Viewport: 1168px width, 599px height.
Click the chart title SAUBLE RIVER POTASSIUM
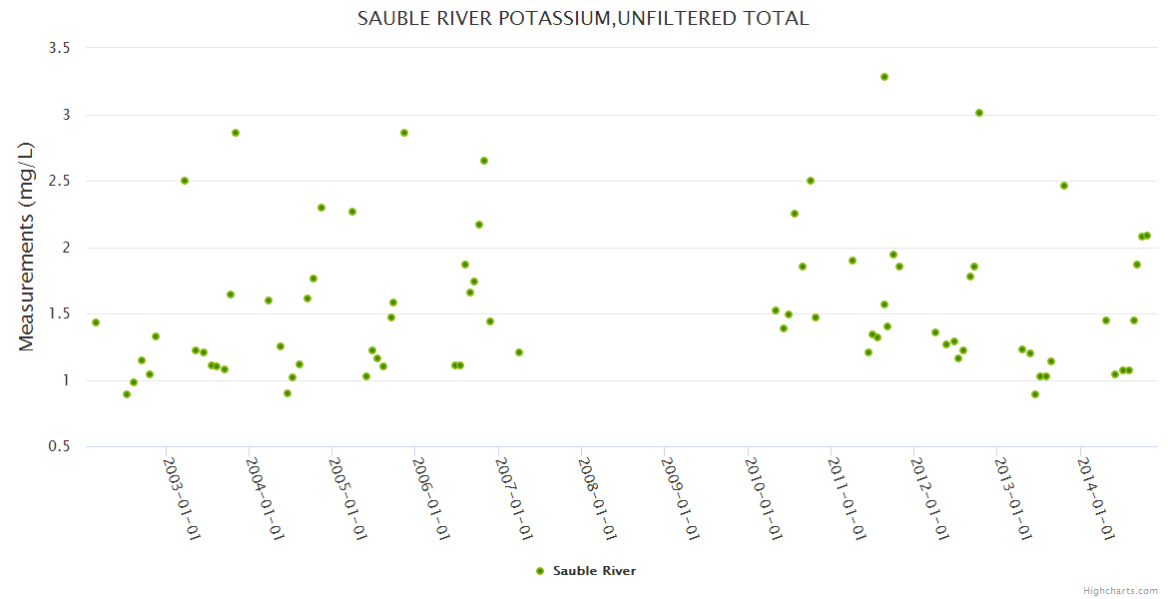(583, 19)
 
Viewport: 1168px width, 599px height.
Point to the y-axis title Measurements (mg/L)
(27, 247)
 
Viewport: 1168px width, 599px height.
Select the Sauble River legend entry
(585, 571)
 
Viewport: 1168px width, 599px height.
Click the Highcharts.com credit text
(1120, 590)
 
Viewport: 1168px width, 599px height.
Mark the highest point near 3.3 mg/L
(884, 77)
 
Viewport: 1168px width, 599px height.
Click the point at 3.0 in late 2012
(979, 113)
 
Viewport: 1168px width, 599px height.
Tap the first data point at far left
(96, 322)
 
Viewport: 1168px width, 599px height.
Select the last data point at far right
(1147, 236)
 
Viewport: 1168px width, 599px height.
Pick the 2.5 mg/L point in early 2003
(185, 181)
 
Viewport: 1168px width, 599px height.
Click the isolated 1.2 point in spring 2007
(519, 352)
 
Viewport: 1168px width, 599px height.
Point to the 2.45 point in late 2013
(1064, 186)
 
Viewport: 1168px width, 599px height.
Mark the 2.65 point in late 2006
(484, 161)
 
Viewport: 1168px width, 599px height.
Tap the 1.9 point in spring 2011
(853, 261)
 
